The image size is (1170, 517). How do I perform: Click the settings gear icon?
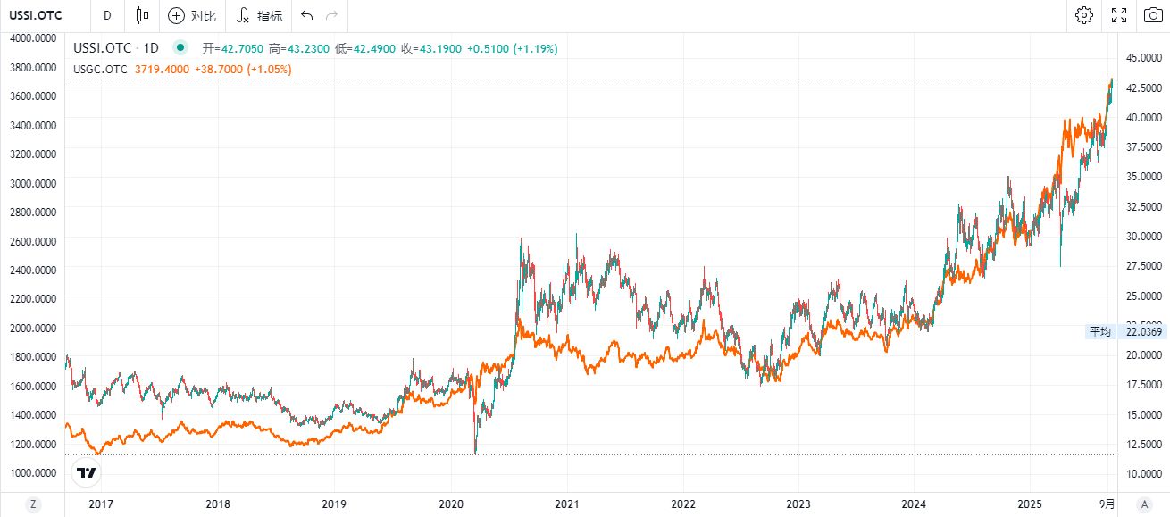click(1084, 15)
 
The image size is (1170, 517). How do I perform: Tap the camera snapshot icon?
click(1153, 15)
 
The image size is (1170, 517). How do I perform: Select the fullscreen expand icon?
click(1119, 15)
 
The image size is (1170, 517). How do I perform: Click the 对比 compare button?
click(192, 16)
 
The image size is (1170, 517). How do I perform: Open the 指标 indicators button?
click(260, 16)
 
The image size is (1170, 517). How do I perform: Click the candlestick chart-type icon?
click(143, 15)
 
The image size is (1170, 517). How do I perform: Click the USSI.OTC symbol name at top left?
click(36, 15)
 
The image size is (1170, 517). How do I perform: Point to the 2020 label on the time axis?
click(450, 504)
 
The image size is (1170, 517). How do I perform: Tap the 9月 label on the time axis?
click(1107, 504)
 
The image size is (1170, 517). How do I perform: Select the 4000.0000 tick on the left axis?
click(34, 38)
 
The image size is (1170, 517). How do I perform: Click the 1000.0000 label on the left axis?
click(34, 472)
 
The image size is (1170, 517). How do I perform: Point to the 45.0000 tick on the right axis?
click(1144, 58)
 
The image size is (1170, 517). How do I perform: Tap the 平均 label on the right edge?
click(1099, 332)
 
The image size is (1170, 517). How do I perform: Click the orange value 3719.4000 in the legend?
click(162, 69)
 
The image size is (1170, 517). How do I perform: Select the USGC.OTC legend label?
click(100, 69)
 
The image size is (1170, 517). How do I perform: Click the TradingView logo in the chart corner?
click(87, 473)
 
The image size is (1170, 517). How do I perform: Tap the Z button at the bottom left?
click(33, 504)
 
